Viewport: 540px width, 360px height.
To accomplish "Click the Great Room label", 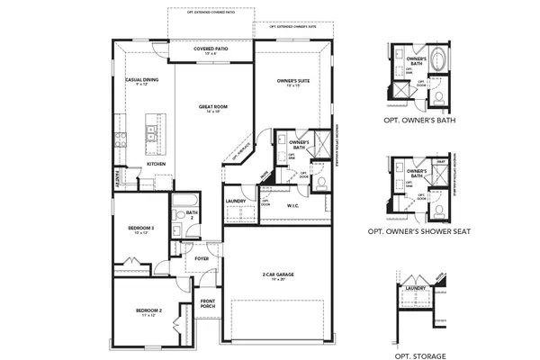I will point(213,108).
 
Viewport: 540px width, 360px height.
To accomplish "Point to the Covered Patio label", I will point(212,49).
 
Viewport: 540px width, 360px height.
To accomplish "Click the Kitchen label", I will point(156,165).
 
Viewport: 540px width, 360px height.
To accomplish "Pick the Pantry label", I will point(117,175).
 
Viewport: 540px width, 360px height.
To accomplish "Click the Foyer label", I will point(201,258).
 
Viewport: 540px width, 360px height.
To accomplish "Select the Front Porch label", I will point(208,303).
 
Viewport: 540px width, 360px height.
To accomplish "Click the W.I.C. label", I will point(292,205).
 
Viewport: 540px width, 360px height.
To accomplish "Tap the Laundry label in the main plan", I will point(237,201).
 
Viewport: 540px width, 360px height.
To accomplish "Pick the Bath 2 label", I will point(192,214).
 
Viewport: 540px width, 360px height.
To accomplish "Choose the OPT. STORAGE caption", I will point(416,342).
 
